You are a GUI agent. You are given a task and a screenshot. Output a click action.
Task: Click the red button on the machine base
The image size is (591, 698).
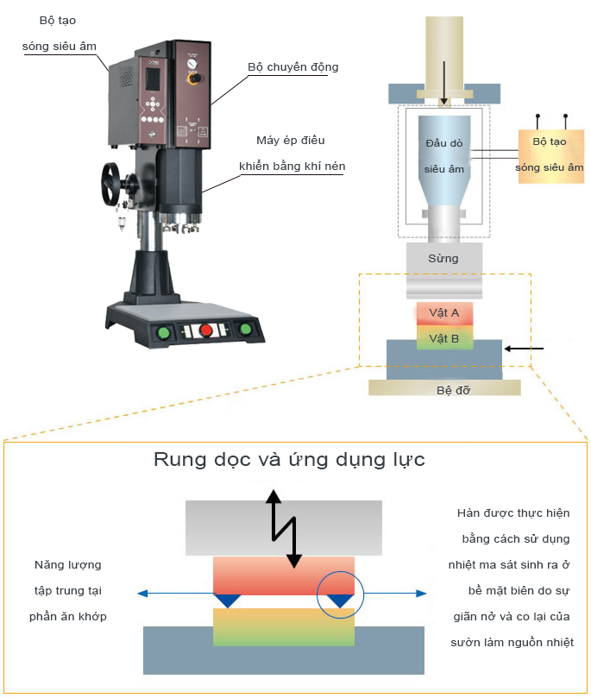click(207, 330)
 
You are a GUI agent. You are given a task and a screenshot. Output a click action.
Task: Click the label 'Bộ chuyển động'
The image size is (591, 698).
click(292, 67)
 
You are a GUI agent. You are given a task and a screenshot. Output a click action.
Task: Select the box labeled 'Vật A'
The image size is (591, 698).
click(443, 312)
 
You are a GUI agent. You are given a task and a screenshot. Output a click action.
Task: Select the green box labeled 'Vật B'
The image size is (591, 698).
click(443, 338)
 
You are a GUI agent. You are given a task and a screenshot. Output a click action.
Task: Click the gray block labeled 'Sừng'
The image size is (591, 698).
click(443, 258)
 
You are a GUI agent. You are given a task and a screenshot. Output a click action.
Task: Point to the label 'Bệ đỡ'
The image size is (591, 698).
click(444, 389)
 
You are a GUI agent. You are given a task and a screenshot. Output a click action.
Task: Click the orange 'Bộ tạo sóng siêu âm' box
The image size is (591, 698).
click(550, 154)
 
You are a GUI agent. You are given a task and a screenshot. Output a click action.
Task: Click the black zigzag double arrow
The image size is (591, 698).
click(284, 528)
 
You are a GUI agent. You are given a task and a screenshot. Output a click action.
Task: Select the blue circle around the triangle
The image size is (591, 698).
click(341, 596)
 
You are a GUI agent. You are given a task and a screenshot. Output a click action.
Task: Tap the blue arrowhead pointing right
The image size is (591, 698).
click(420, 594)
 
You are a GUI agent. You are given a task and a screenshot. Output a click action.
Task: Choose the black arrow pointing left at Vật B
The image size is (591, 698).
click(525, 349)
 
